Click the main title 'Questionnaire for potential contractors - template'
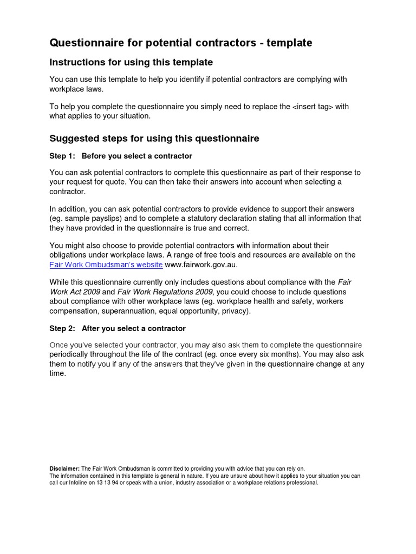[181, 43]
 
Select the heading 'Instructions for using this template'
[131, 62]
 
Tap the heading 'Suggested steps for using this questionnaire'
[154, 138]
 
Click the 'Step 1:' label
[62, 156]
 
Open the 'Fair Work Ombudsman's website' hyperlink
[106, 265]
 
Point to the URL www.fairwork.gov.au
[201, 265]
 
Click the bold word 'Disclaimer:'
[64, 469]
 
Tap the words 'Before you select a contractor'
[136, 156]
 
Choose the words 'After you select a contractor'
[133, 328]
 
